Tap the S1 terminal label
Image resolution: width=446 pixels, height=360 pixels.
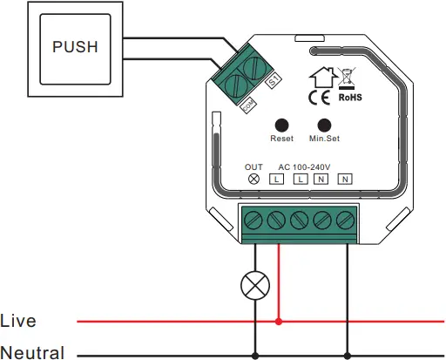[x=273, y=80]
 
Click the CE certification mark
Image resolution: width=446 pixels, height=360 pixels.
[x=319, y=97]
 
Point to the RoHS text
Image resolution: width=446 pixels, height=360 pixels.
[x=349, y=98]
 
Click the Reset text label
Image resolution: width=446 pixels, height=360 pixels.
[x=282, y=139]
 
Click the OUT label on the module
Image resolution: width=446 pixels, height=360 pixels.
[x=253, y=166]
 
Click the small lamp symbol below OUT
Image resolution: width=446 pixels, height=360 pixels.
[x=253, y=179]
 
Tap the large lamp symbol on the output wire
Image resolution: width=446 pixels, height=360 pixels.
[x=254, y=284]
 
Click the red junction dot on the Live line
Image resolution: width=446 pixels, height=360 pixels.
[x=279, y=321]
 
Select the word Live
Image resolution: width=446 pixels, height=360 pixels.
[x=19, y=321]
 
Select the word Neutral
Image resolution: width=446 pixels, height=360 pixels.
[x=32, y=352]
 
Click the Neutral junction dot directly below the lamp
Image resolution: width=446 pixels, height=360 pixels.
[x=254, y=355]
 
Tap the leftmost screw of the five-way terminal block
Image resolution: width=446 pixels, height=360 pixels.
[x=254, y=218]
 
